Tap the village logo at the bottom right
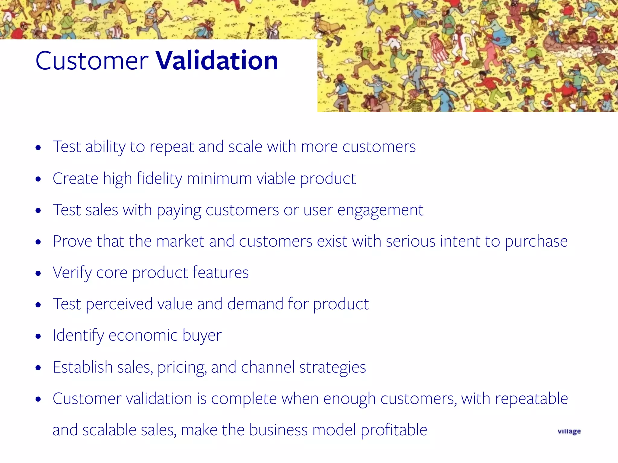click(569, 431)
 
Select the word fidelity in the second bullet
click(159, 178)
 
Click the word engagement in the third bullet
click(380, 210)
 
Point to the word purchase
click(536, 241)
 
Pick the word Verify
click(72, 273)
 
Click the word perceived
click(119, 304)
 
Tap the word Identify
click(78, 335)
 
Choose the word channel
click(268, 367)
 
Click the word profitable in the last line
click(394, 430)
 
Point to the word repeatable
click(531, 398)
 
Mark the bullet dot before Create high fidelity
click(38, 179)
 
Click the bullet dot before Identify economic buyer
click(38, 336)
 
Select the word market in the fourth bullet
click(180, 241)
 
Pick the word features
click(221, 273)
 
